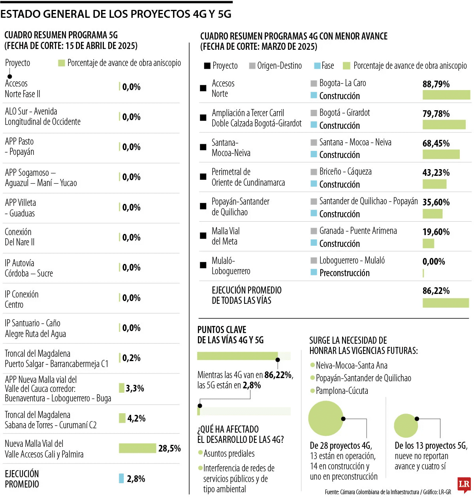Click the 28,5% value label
169,448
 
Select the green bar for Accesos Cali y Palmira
137,448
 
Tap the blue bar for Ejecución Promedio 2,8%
122,478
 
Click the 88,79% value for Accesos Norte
436,84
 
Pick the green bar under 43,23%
434,184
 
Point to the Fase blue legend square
317,66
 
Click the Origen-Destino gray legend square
252,66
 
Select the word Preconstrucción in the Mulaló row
344,273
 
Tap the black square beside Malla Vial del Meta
203,236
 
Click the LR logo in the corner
464,484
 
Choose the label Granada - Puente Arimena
358,231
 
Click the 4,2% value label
136,418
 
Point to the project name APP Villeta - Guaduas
21,208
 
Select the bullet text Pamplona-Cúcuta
342,391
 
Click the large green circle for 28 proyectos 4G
326,418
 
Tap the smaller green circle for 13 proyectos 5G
406,425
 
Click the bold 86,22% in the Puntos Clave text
278,375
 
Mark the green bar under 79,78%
444,125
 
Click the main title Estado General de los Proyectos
116,14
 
